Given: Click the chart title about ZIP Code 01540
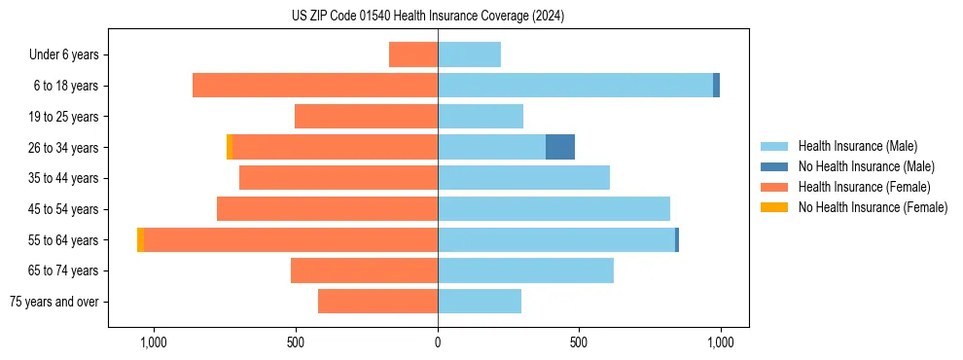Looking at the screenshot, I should coord(428,17).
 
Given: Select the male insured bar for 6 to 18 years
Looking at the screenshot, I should coord(575,86).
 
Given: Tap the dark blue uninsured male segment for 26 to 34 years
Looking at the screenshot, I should coord(560,147).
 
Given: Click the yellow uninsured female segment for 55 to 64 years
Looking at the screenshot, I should coord(141,239).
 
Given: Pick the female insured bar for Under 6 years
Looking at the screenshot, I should coord(413,54).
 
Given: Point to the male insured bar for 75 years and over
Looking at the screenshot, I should coord(480,302).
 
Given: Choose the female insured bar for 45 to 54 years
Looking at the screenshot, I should coord(327,209).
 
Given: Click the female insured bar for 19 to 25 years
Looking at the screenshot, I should coord(366,117).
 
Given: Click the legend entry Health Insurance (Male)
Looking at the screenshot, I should coord(857,146).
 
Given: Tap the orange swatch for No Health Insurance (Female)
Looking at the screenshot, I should coord(774,207).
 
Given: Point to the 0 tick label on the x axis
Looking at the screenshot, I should coord(438,342).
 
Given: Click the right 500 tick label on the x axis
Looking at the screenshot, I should coord(579,342).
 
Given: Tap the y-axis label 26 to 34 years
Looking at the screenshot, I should coord(64,148).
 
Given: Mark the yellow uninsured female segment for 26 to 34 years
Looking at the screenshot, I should coord(230,147).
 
